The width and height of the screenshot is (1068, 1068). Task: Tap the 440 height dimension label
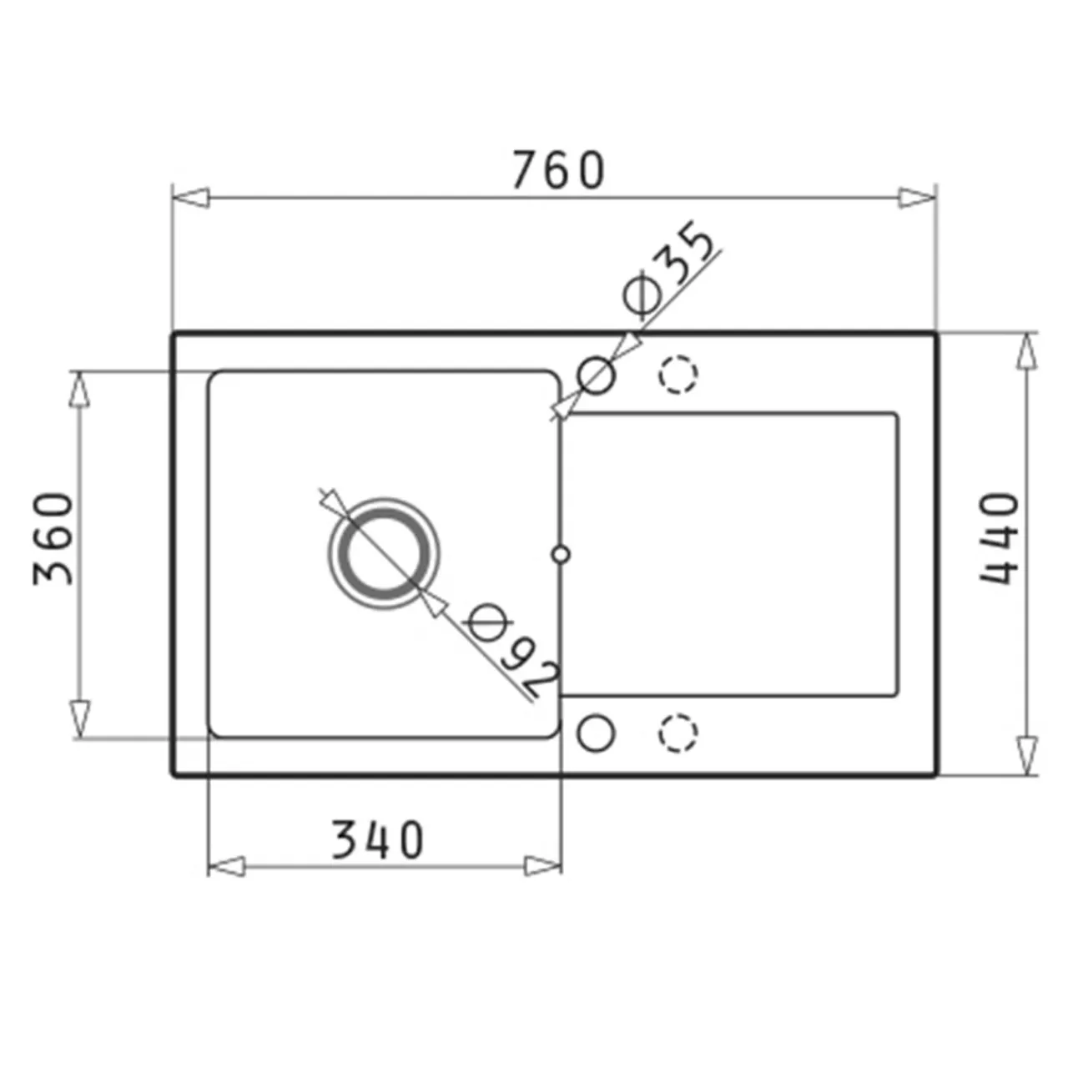coord(999,538)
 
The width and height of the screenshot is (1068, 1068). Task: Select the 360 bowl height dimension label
coord(53,538)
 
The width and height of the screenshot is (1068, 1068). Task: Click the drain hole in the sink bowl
coord(384,554)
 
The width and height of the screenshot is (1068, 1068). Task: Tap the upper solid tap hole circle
coord(596,375)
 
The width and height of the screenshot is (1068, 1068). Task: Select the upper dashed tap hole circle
coord(678,375)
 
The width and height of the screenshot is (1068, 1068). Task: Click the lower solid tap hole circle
coord(596,733)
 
